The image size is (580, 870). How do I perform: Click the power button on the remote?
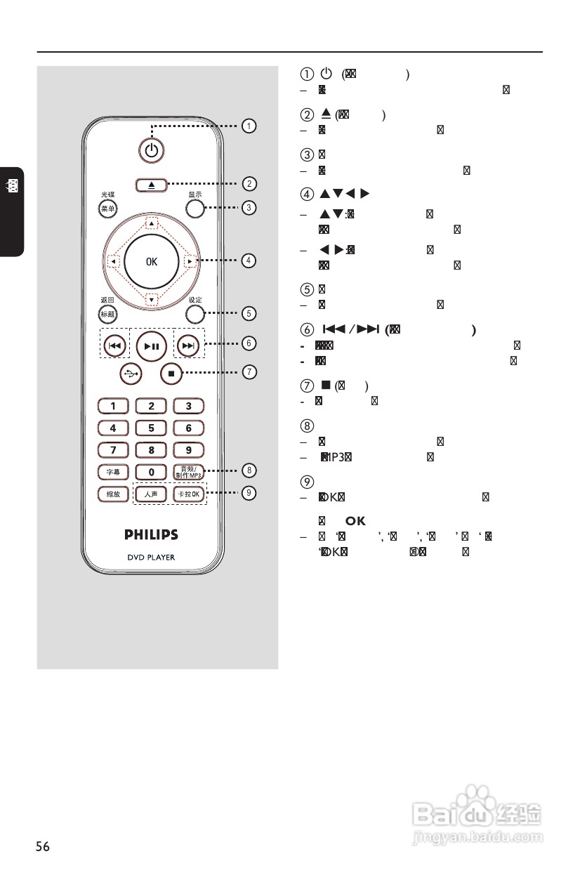click(151, 149)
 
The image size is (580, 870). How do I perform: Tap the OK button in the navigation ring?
click(151, 262)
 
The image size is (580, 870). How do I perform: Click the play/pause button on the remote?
click(151, 345)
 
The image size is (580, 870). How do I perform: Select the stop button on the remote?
click(171, 373)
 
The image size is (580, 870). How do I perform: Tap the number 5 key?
click(151, 427)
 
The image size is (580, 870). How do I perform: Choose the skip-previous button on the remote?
click(114, 345)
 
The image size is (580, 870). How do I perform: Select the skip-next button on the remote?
click(187, 345)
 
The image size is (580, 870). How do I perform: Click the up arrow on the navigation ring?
click(151, 223)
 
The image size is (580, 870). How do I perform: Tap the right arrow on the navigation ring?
click(190, 262)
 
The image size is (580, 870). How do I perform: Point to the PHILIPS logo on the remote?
click(151, 534)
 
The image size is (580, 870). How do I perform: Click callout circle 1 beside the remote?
click(249, 126)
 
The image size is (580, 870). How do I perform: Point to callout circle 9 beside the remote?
click(249, 493)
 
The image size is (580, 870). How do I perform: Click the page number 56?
click(43, 846)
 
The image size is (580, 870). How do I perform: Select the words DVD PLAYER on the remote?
click(151, 558)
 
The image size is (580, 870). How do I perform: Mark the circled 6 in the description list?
click(304, 330)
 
